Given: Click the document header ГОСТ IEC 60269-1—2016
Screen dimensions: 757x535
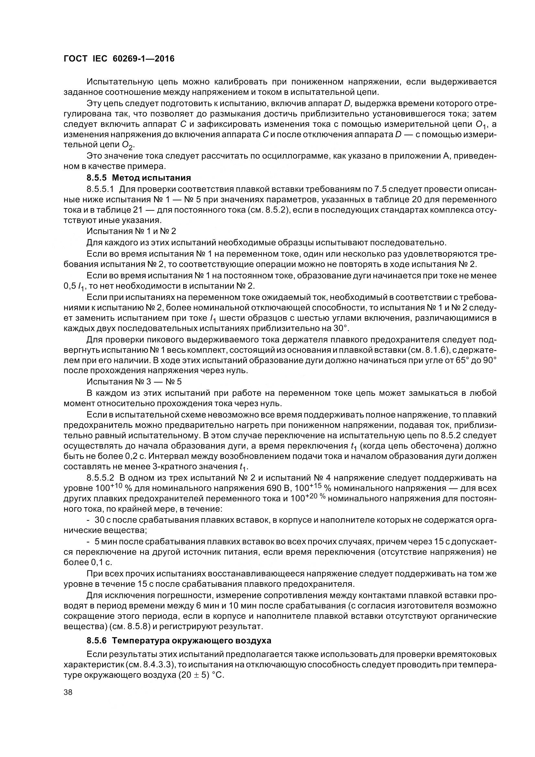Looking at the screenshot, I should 119,59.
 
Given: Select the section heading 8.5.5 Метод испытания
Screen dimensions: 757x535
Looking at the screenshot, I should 139,178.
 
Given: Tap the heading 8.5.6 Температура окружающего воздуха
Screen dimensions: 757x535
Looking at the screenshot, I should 179,640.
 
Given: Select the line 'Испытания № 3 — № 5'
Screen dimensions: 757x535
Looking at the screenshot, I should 134,382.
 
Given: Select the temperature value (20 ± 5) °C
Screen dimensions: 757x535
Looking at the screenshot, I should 201,674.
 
